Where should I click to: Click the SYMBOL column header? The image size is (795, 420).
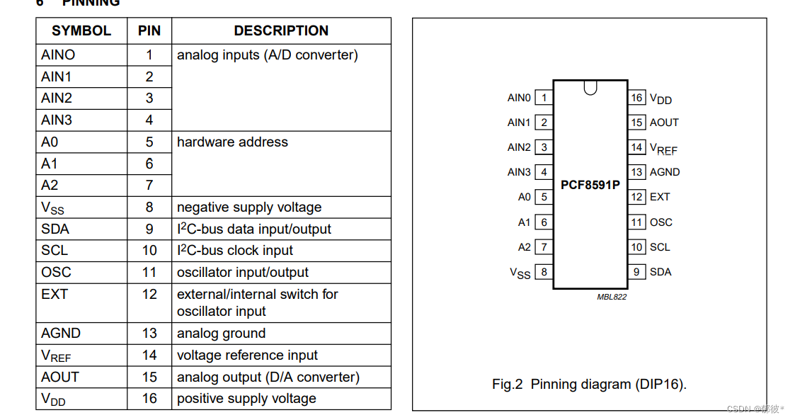(x=81, y=31)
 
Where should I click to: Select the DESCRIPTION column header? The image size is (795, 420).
(x=281, y=31)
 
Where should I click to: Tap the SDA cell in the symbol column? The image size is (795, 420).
(x=55, y=229)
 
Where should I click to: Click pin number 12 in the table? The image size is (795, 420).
(x=149, y=294)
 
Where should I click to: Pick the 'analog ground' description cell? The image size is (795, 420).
(x=221, y=334)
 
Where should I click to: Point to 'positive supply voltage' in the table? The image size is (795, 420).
(x=246, y=399)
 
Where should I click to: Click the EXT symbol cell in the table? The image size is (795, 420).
(x=55, y=294)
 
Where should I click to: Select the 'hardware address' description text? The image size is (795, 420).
(x=232, y=142)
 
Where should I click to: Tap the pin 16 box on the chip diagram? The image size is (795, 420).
(x=637, y=98)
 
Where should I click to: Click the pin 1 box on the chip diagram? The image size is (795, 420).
(x=544, y=98)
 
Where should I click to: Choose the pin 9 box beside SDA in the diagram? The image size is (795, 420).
(x=637, y=272)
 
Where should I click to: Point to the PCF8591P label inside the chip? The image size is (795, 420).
(x=590, y=185)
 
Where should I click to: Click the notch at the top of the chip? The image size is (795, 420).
(x=590, y=87)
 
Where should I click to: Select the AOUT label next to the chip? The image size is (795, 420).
(x=664, y=123)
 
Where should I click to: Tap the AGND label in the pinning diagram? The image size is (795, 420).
(x=665, y=172)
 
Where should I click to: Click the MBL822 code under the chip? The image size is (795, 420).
(x=612, y=297)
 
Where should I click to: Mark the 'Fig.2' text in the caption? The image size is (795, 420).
(x=507, y=385)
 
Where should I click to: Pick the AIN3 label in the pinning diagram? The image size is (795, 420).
(x=519, y=172)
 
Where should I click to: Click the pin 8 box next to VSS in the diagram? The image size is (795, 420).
(x=544, y=272)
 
